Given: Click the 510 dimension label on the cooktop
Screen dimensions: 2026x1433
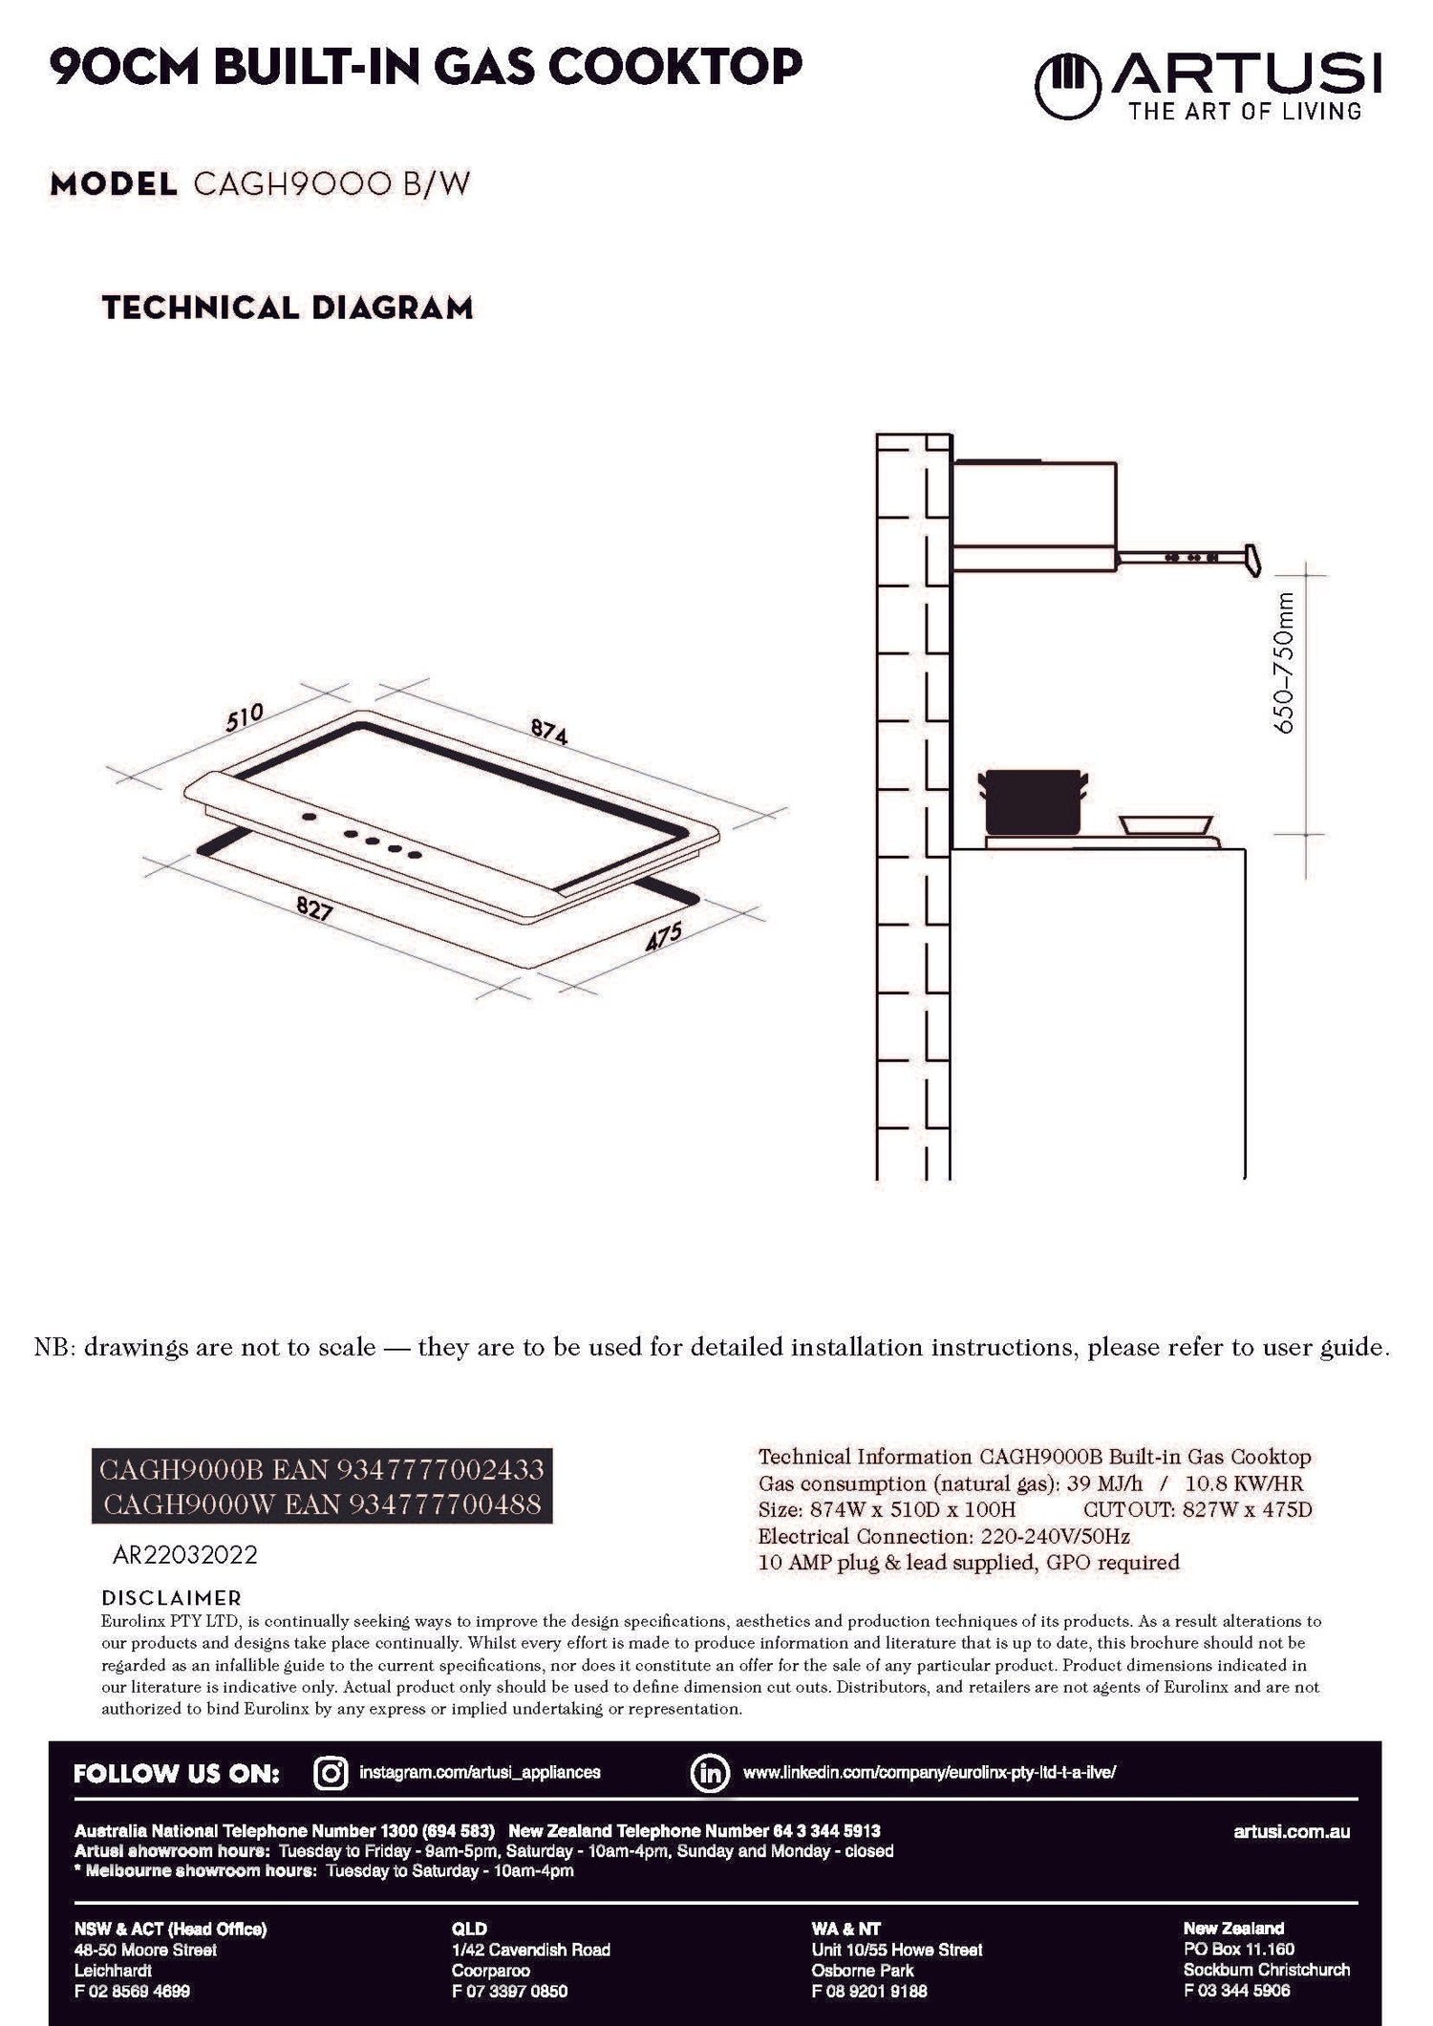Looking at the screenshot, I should pyautogui.click(x=245, y=717).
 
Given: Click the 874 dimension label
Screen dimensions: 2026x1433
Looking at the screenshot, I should pyautogui.click(x=549, y=731).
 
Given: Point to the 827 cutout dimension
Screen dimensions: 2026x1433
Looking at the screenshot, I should pyautogui.click(x=314, y=909).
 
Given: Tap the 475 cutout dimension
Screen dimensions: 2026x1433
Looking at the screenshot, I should pyautogui.click(x=664, y=936).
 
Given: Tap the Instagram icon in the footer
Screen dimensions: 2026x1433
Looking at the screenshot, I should pyautogui.click(x=331, y=1773).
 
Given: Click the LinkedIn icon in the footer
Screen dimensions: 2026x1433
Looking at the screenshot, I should pyautogui.click(x=710, y=1773).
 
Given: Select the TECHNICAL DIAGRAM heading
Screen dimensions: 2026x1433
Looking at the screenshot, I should pyautogui.click(x=288, y=308).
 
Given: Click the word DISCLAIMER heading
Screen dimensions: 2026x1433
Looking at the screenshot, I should pyautogui.click(x=172, y=1598).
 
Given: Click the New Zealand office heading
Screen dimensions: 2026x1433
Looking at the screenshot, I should pyautogui.click(x=1233, y=1928).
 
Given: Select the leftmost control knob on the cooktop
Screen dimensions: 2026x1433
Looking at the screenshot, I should pyautogui.click(x=310, y=818).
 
